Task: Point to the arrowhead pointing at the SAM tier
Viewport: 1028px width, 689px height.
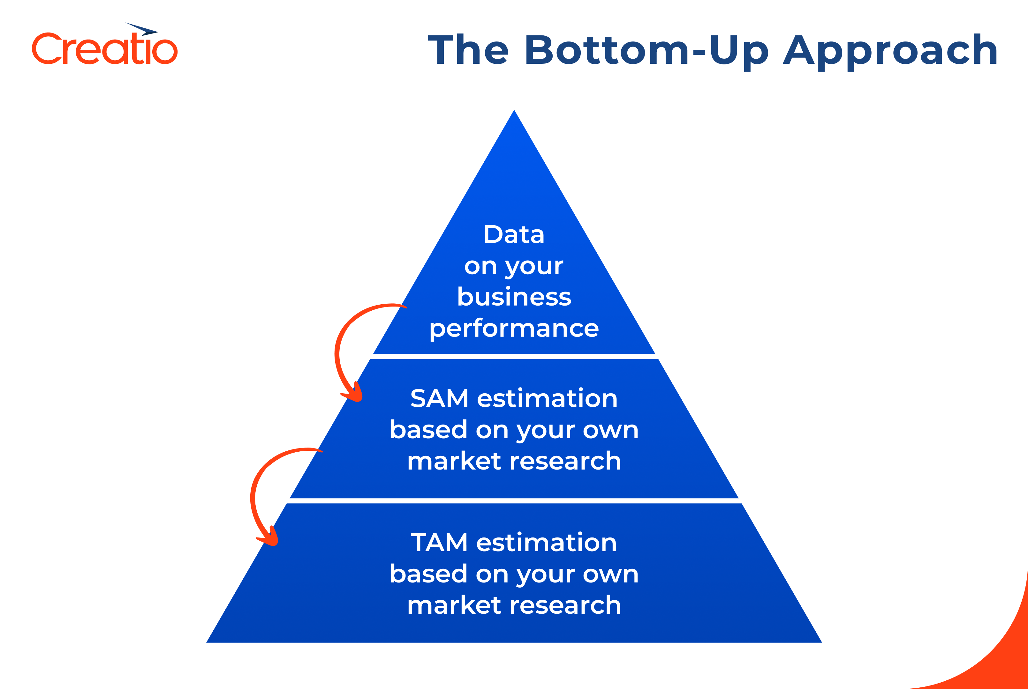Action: [354, 394]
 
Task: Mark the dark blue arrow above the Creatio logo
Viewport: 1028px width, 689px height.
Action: [143, 29]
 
